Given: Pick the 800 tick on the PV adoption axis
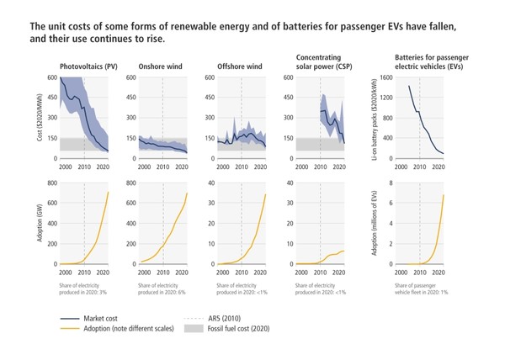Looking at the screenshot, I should pyautogui.click(x=52, y=183).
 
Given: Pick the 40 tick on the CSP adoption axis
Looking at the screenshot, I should pyautogui.click(x=290, y=183).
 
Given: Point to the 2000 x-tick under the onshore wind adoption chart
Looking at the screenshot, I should pyautogui.click(x=141, y=271).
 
